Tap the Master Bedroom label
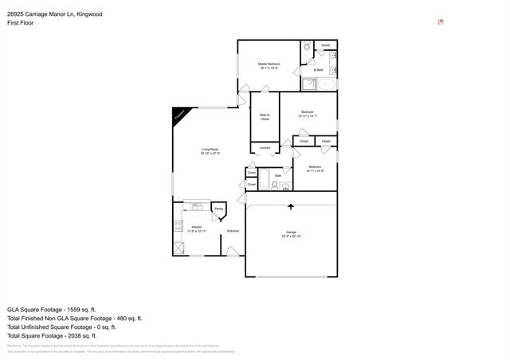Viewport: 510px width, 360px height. pos(269,64)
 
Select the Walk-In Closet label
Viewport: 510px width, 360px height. pos(265,117)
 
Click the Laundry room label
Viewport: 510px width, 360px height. pos(265,147)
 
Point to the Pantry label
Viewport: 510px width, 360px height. pos(218,209)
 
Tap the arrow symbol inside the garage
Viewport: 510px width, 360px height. pos(290,206)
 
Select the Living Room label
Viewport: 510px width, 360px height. pos(210,150)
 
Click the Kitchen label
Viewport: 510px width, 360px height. pos(196,229)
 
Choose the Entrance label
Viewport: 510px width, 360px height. pos(233,231)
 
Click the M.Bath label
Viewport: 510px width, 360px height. pos(318,70)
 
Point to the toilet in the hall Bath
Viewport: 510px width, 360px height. pos(274,186)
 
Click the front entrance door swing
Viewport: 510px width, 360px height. pos(233,252)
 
